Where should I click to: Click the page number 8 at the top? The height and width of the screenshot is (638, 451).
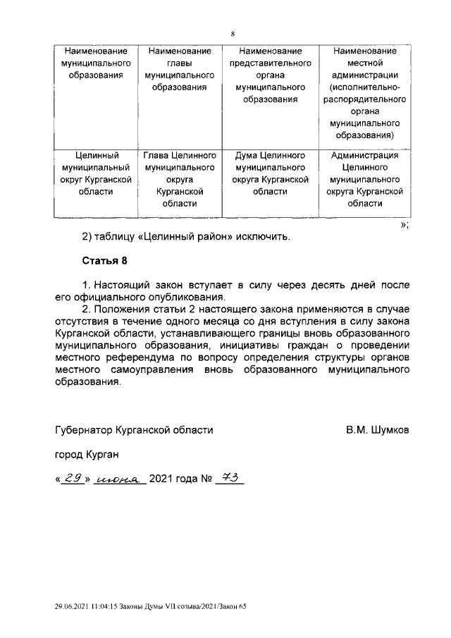click(x=232, y=33)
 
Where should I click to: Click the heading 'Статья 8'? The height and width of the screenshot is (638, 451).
click(x=104, y=260)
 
